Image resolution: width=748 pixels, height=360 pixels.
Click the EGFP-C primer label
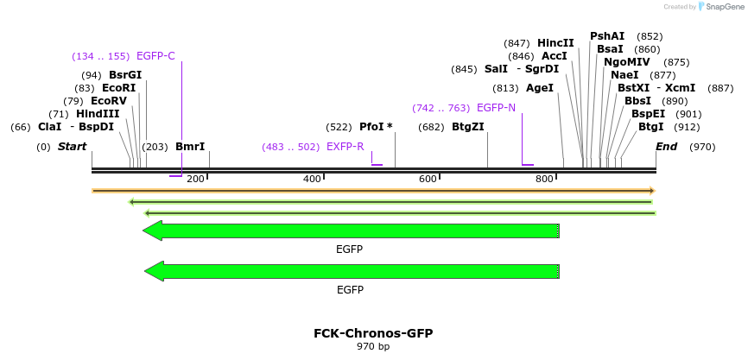click(155, 56)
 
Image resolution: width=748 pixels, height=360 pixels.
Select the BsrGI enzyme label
click(125, 75)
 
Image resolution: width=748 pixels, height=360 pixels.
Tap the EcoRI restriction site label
click(119, 88)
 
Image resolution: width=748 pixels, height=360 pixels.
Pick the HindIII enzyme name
click(98, 114)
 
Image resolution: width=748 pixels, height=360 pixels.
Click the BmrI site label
click(190, 147)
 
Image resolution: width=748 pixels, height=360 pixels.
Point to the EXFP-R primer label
click(345, 147)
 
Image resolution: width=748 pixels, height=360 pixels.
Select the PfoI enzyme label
click(376, 127)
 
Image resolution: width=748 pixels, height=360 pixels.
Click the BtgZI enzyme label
click(468, 127)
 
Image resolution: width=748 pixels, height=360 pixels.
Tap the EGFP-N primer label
click(496, 108)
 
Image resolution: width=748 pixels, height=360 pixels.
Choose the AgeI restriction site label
click(540, 88)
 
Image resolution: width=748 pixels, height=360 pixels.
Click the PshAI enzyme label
click(607, 36)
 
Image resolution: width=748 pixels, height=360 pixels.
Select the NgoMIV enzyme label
click(628, 62)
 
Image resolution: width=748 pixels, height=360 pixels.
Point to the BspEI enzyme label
click(649, 114)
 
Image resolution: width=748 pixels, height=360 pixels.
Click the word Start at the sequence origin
click(73, 147)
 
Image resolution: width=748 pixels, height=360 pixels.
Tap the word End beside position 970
click(666, 147)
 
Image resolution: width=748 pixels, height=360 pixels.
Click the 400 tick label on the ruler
click(312, 179)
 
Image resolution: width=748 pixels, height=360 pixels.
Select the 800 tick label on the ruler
click(544, 179)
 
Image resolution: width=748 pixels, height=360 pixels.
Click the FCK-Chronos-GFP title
click(373, 333)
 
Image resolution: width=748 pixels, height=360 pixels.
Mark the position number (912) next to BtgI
click(688, 127)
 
